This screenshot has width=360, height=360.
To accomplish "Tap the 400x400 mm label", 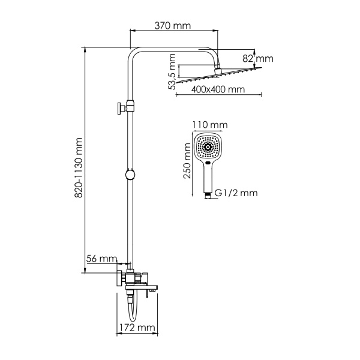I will point(219,89).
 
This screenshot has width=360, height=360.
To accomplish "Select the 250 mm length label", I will point(187,160).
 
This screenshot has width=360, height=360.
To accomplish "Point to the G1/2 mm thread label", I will point(235,193).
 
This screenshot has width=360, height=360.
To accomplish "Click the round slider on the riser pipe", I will point(130,175).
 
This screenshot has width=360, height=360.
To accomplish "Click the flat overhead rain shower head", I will point(219,77).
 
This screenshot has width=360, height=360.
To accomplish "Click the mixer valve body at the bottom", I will point(133,278).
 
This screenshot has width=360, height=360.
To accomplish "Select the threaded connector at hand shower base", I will point(208,193).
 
